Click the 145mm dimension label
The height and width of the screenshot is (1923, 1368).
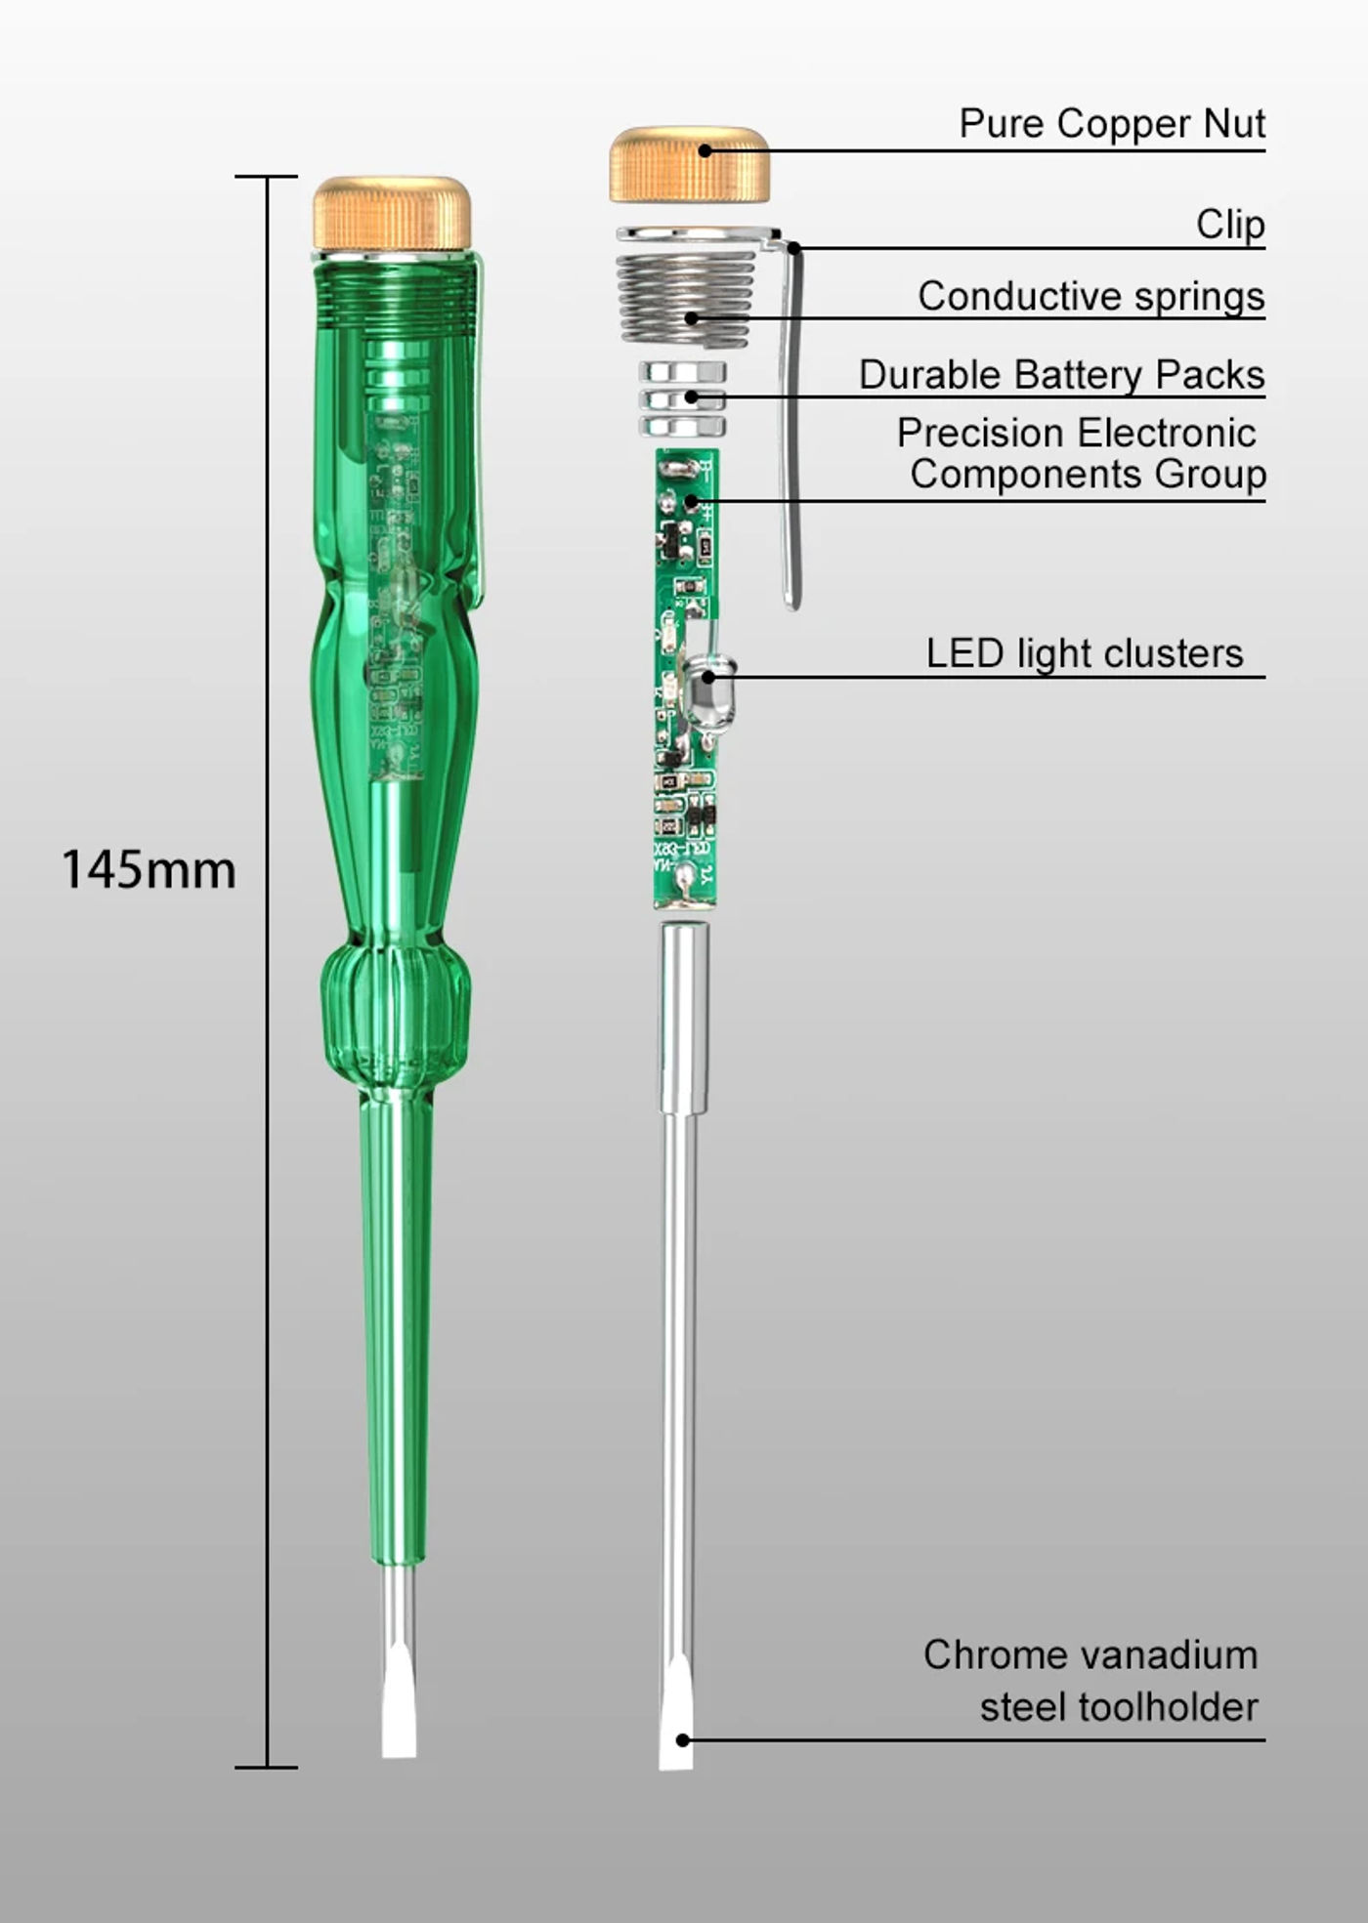149,869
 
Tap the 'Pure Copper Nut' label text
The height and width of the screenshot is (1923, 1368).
1112,124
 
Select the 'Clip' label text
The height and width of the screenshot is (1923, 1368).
1230,225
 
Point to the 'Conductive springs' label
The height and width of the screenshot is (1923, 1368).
1091,296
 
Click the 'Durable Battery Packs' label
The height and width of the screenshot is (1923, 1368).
1062,375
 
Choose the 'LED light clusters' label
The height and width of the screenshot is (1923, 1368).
1085,653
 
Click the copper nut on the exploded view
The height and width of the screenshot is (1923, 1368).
690,164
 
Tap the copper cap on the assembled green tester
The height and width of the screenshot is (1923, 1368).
392,212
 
